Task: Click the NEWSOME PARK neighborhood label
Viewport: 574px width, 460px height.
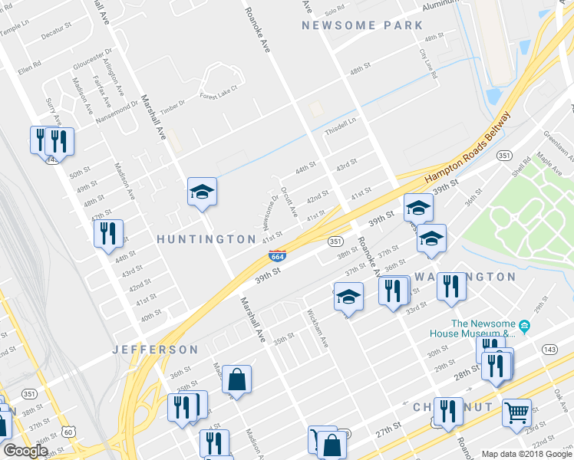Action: [x=362, y=25]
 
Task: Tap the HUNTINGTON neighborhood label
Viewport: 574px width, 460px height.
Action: [x=206, y=239]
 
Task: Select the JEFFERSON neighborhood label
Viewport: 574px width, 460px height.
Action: [x=156, y=349]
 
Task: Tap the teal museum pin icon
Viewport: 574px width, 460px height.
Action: [x=525, y=327]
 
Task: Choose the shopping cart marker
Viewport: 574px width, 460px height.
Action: [x=516, y=412]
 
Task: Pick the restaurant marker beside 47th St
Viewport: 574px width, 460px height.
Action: [x=108, y=233]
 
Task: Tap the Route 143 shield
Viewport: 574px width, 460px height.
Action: [x=549, y=349]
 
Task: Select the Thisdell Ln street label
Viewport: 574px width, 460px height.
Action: [x=341, y=125]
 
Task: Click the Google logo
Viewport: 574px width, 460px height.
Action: [x=25, y=451]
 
